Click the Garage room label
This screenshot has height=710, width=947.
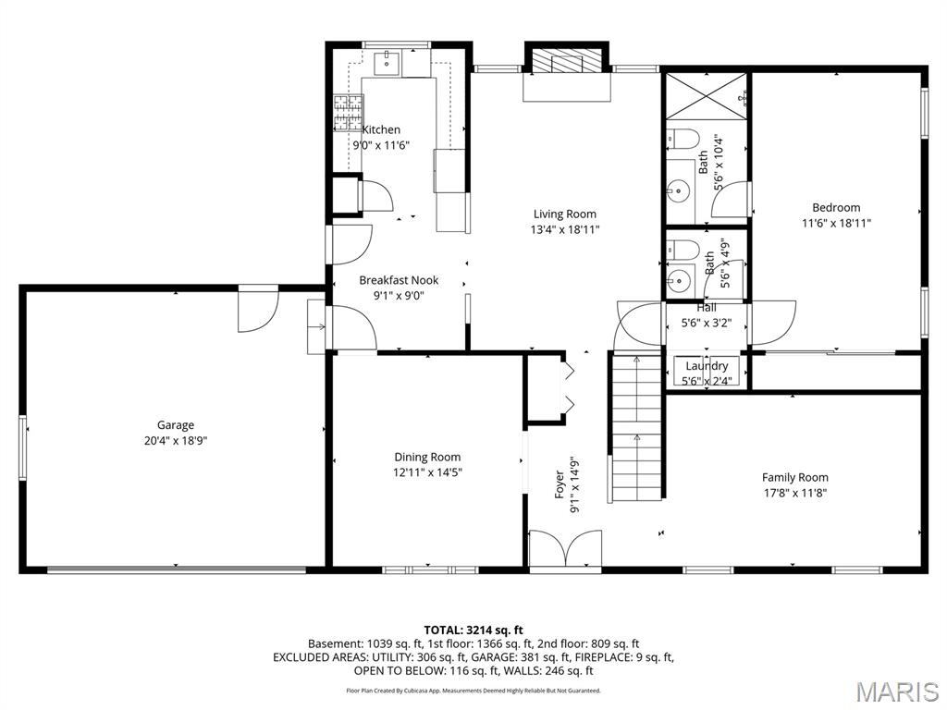(175, 425)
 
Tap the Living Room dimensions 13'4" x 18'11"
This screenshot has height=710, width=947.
(565, 229)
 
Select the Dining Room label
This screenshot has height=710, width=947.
(427, 457)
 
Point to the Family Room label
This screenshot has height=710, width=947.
(794, 478)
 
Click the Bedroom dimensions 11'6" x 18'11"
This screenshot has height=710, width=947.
(836, 224)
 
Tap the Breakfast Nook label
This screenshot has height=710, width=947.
(399, 280)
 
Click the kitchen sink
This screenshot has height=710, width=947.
(387, 63)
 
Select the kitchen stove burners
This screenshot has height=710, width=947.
(349, 113)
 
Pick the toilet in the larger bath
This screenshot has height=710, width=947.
(683, 139)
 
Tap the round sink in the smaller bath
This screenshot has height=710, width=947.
(679, 279)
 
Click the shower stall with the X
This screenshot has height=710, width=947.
(706, 96)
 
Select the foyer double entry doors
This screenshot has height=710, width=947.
(565, 550)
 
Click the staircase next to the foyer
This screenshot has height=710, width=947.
(637, 428)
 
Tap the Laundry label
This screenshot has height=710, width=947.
(707, 366)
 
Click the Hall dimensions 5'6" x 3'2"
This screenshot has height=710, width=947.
(706, 323)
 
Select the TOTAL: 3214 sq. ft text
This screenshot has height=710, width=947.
(473, 630)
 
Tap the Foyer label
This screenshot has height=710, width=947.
(560, 484)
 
